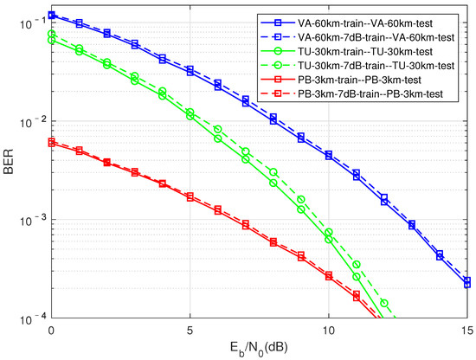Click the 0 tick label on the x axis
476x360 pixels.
tap(51, 331)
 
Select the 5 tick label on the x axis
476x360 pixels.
tap(190, 331)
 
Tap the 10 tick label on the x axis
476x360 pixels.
tap(328, 331)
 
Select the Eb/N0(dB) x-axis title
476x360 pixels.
tap(259, 349)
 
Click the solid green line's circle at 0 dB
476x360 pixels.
tap(51, 40)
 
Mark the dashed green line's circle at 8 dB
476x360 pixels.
tap(273, 172)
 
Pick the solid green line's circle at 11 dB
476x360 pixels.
tap(356, 277)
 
